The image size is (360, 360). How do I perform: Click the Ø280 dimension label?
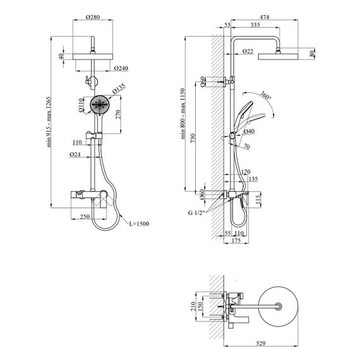[93, 17]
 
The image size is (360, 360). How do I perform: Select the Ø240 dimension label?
[121, 68]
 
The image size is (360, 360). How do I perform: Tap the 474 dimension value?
[264, 17]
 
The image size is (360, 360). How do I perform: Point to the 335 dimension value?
[255, 25]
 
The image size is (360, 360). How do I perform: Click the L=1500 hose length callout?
[139, 224]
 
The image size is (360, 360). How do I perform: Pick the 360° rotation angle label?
[266, 95]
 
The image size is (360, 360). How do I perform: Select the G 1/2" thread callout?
[196, 213]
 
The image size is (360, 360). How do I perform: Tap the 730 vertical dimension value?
[193, 138]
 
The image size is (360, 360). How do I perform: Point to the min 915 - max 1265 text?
[49, 122]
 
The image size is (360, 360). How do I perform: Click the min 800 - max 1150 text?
[183, 114]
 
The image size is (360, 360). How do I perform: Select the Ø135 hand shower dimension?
[119, 88]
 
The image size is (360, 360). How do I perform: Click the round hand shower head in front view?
[99, 105]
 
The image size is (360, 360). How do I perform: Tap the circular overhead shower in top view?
[278, 306]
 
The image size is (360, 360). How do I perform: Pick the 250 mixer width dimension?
[85, 216]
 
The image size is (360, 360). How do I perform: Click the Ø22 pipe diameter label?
[248, 51]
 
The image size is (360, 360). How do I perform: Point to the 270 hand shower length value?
[118, 114]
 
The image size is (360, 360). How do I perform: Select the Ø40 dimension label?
[249, 131]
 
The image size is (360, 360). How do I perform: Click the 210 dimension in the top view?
[193, 306]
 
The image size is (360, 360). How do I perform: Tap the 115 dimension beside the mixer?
[258, 200]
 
